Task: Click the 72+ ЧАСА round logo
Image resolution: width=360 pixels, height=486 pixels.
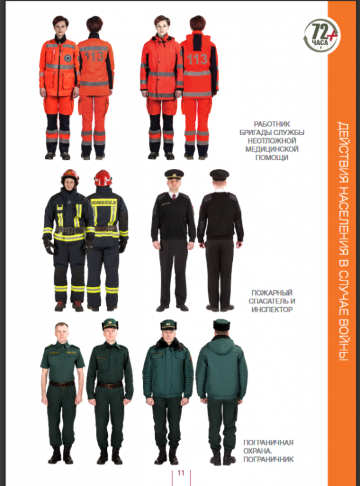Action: (x=322, y=35)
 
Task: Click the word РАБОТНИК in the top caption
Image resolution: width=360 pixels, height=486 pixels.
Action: (x=272, y=124)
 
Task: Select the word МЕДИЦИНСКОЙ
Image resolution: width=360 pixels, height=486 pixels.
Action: (x=272, y=149)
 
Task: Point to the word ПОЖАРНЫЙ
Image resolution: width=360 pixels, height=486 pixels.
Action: (x=272, y=293)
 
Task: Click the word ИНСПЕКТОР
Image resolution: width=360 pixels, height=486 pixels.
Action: (x=272, y=309)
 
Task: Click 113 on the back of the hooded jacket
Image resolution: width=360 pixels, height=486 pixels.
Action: (x=197, y=59)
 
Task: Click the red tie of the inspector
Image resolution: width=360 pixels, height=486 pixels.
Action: (x=174, y=197)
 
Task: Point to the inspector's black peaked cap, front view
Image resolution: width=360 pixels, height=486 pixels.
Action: (x=174, y=174)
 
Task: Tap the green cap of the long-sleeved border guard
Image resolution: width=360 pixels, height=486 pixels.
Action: (x=110, y=325)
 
